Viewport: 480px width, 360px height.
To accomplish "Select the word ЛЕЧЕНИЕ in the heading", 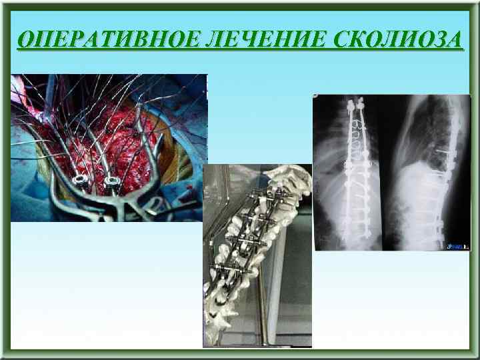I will tap(251, 40).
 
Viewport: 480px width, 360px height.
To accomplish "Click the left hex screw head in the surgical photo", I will tap(81, 181).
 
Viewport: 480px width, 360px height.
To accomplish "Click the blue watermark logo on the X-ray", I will tap(459, 245).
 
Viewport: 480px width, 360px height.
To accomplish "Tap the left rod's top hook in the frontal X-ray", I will tap(350, 105).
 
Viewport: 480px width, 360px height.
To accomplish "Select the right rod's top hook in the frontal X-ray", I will tap(361, 105).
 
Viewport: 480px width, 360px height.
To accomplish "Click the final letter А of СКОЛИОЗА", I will tap(453, 40).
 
